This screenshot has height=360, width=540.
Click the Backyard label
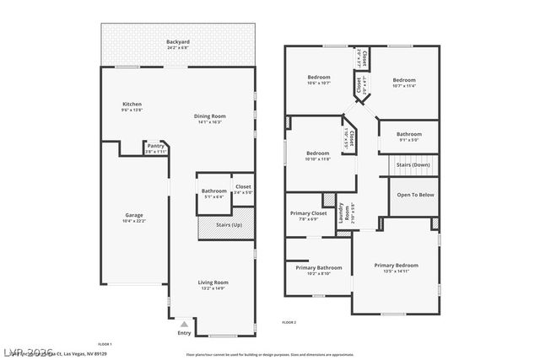(178, 41)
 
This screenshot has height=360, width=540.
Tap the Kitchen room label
(132, 105)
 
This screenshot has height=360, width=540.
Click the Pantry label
(155, 146)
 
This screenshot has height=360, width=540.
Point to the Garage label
(134, 215)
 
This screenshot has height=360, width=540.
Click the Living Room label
(213, 282)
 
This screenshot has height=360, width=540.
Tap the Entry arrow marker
(184, 323)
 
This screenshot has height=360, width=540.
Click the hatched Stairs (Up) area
(225, 226)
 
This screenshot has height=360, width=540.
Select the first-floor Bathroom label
(213, 191)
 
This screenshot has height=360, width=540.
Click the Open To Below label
(416, 195)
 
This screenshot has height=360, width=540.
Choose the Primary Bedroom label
(396, 266)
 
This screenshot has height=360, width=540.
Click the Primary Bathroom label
(318, 267)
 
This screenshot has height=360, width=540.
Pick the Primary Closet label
(308, 213)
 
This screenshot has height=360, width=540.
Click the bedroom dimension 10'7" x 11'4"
(404, 85)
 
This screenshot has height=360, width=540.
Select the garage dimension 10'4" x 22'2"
(134, 221)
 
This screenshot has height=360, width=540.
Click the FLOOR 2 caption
(289, 322)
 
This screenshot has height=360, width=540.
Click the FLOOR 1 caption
(105, 344)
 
